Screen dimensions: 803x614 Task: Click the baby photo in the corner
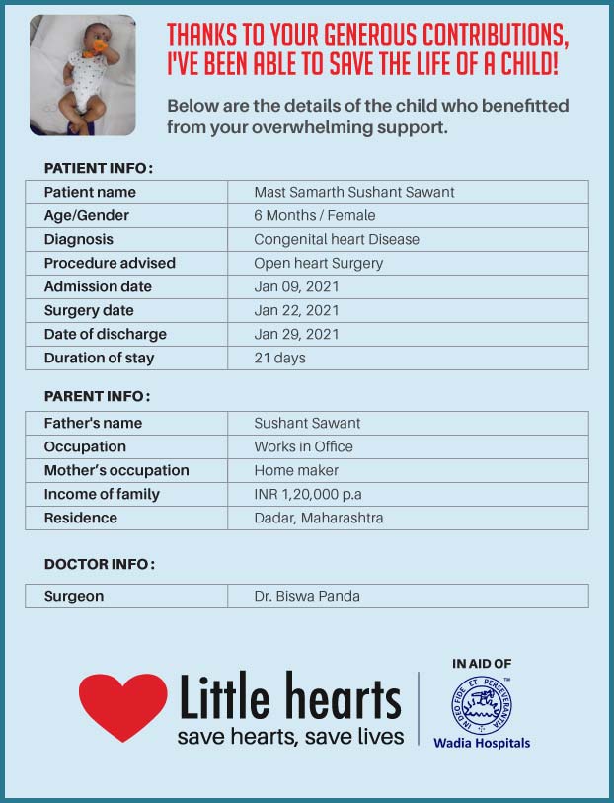(83, 75)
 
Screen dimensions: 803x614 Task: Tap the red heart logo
(123, 704)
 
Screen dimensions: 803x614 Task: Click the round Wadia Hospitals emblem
(483, 704)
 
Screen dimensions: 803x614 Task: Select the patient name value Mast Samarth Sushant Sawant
(354, 192)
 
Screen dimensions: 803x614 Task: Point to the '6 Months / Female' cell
(315, 215)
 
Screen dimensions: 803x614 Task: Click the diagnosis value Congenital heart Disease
(337, 239)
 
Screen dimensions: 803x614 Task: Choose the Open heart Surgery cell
(319, 263)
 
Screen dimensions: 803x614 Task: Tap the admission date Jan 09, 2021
(296, 286)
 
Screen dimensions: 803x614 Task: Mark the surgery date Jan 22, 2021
(296, 310)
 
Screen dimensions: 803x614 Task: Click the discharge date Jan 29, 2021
(296, 334)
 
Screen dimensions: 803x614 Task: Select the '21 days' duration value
(280, 358)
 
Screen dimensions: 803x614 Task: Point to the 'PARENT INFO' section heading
(97, 396)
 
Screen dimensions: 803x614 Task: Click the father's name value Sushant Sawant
(307, 423)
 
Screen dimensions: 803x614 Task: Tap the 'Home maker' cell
(296, 470)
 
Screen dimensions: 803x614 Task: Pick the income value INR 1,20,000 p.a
(314, 494)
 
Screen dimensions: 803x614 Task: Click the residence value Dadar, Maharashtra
(319, 518)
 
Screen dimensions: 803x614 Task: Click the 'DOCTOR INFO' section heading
(99, 564)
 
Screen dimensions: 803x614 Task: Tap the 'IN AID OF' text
(482, 664)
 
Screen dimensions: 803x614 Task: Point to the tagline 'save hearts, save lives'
(290, 737)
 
